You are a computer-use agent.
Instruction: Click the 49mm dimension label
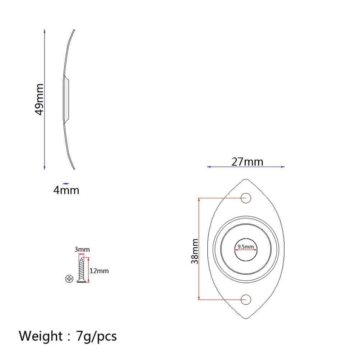click(x=39, y=99)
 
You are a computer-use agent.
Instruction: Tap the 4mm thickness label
click(x=66, y=190)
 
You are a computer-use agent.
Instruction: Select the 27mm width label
click(x=247, y=162)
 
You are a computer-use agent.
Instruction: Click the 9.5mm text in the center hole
click(x=246, y=247)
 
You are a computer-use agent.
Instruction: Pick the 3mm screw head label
click(x=82, y=249)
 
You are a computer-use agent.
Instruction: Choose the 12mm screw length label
click(x=99, y=271)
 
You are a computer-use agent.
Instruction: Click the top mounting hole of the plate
click(x=246, y=198)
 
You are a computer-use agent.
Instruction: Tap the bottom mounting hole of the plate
click(x=246, y=299)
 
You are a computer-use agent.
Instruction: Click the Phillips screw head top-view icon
click(x=69, y=278)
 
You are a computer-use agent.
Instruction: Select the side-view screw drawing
click(x=82, y=270)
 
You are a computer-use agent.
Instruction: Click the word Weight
click(x=41, y=336)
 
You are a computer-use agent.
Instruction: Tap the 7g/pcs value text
click(x=96, y=336)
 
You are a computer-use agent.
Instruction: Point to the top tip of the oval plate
click(x=246, y=179)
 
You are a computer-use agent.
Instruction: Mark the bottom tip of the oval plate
click(x=246, y=318)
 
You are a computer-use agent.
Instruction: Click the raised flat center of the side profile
click(x=66, y=99)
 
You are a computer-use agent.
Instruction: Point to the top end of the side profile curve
click(x=74, y=30)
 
